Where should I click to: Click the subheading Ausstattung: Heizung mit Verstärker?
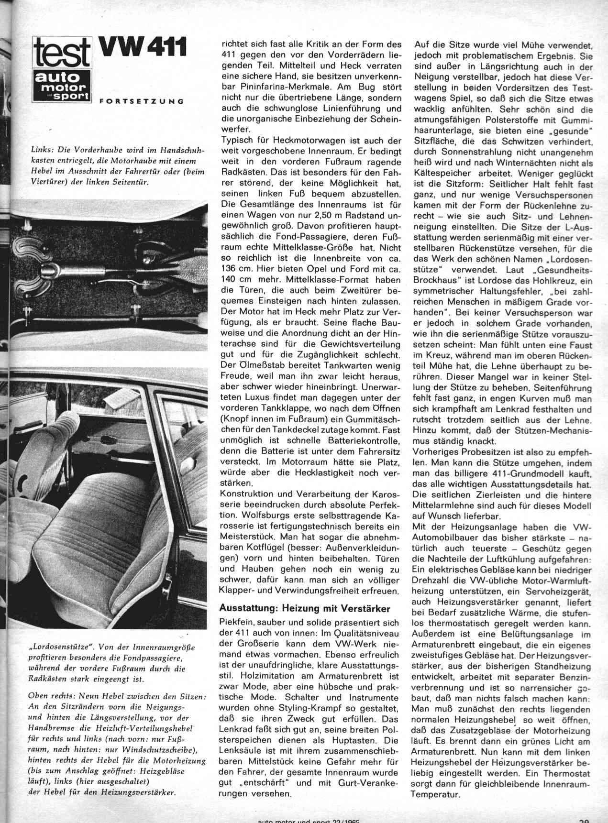pos(304,609)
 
